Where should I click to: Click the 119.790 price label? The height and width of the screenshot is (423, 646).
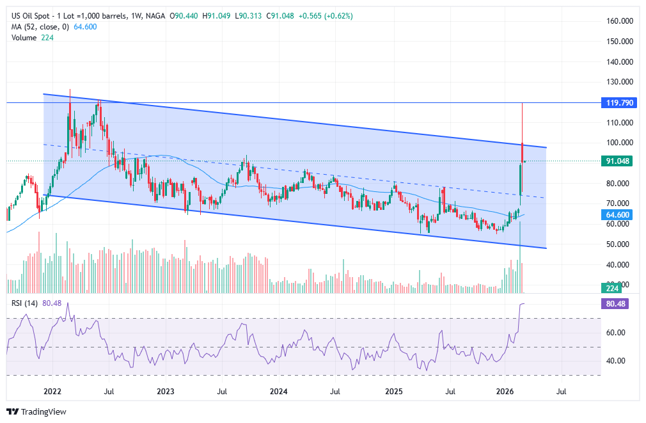(618, 102)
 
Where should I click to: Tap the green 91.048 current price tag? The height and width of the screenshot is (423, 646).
(618, 161)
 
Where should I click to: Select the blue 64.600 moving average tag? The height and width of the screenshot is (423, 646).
(618, 215)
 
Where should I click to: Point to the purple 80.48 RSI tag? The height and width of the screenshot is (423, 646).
(618, 304)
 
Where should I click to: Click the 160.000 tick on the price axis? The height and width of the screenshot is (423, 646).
(619, 21)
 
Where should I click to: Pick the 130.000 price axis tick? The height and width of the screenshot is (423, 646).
(619, 82)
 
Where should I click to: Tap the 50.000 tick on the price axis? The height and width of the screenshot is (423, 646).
(619, 244)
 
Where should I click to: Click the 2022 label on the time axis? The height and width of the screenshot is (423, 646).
(52, 390)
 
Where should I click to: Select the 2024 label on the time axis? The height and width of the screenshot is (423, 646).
(278, 390)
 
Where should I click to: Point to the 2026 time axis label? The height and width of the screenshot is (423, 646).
(505, 390)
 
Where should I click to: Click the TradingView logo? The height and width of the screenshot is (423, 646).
(36, 411)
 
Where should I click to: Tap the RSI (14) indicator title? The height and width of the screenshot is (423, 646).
(24, 303)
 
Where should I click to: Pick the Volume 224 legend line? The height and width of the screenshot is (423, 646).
(33, 38)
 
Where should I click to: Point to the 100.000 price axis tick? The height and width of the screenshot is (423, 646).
(619, 143)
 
